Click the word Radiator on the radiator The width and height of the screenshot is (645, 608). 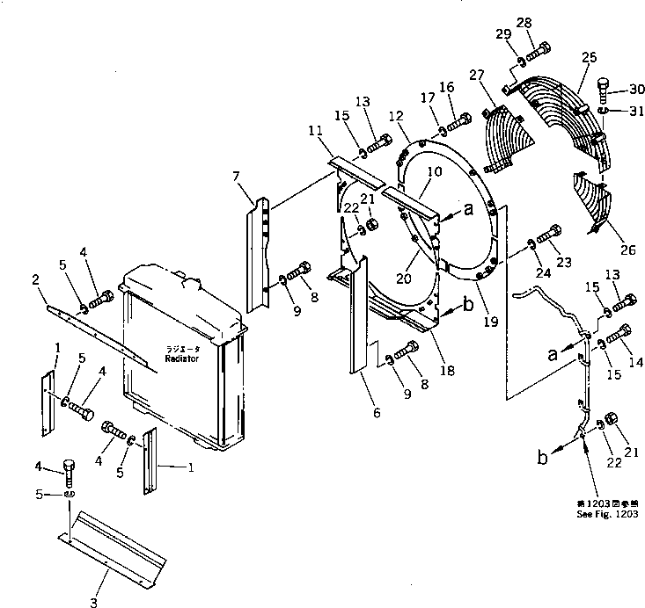coord(182,359)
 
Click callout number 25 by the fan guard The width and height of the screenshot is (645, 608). coord(589,58)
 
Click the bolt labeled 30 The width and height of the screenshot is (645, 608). coord(604,88)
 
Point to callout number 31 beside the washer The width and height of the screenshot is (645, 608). coord(636,111)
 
